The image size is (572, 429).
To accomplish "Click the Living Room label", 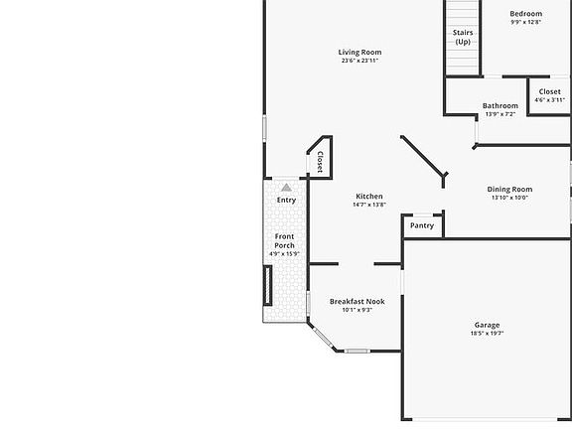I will [x=359, y=53].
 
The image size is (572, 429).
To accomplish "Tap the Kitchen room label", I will [x=369, y=197].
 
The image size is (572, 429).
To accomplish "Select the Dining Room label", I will [x=509, y=189].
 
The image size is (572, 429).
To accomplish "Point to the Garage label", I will [x=487, y=325].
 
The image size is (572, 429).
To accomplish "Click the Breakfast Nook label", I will [x=357, y=301].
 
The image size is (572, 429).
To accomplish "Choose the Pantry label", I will [x=422, y=225].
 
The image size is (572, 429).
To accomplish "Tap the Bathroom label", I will [x=500, y=106].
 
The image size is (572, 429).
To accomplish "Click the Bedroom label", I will [x=526, y=14].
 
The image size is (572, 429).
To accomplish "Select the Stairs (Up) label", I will [x=463, y=37].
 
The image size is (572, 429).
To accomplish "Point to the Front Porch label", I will [x=284, y=240].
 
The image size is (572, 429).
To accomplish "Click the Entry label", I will [x=286, y=201].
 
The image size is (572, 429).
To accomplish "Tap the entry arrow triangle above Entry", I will [x=286, y=187].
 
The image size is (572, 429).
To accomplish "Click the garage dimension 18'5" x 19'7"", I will [x=487, y=334].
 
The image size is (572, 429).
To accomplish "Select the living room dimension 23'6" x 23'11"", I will [x=359, y=61].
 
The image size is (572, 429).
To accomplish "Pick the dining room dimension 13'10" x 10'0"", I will [x=509, y=197].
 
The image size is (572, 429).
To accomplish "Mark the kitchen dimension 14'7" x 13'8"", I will [x=369, y=205].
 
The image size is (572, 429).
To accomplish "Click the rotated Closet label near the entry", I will [x=320, y=161].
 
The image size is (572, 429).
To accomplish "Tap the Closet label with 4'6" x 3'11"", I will [x=550, y=91].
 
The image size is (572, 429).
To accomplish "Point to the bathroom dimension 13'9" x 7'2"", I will [x=500, y=114].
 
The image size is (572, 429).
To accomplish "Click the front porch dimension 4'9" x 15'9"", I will [x=284, y=254].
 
